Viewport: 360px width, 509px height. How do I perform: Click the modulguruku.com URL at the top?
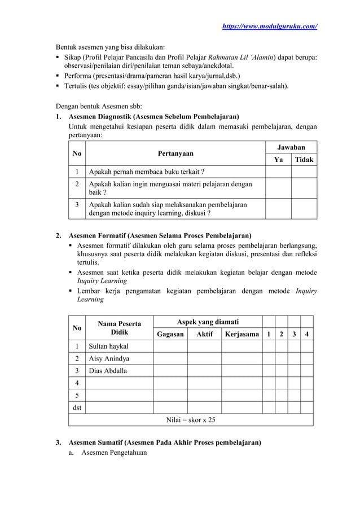tap(270, 27)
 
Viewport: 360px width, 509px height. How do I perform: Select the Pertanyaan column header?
tap(175, 153)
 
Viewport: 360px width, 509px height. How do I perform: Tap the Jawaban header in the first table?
tap(291, 147)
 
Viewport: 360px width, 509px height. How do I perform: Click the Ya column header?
tap(278, 160)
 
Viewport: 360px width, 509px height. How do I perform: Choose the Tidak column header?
tap(304, 160)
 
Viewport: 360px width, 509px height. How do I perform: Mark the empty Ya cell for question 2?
tap(278, 188)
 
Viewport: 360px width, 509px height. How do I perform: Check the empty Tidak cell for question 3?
tap(304, 209)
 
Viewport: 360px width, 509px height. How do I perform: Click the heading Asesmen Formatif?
tap(160, 235)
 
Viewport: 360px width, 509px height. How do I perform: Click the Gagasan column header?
tap(170, 335)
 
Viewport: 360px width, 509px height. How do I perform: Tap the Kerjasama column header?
tap(242, 335)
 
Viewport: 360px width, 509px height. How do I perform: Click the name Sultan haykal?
tap(108, 346)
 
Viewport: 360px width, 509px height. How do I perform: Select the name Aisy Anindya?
tap(109, 358)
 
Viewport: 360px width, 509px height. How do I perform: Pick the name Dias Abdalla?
tap(108, 371)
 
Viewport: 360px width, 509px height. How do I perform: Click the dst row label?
tap(76, 407)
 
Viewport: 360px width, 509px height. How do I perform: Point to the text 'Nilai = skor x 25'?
tap(191, 420)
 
